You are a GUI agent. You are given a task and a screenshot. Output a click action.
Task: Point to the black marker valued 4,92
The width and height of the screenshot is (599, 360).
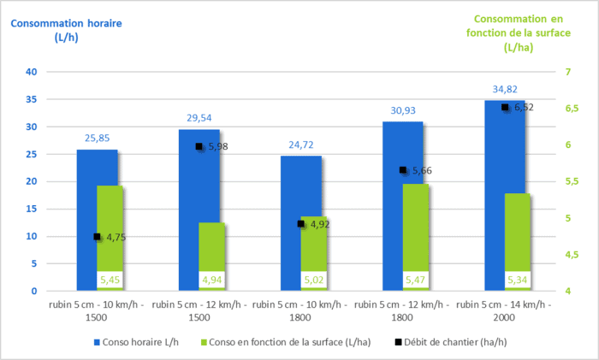(x=301, y=224)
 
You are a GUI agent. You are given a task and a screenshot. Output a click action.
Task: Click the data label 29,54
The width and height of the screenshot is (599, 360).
(x=199, y=117)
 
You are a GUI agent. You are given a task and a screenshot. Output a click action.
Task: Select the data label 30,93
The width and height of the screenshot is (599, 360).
(x=403, y=109)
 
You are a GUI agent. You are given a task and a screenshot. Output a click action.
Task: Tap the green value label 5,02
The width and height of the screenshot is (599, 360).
(x=315, y=280)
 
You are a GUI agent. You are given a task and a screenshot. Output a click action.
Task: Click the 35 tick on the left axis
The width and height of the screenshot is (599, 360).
(x=32, y=99)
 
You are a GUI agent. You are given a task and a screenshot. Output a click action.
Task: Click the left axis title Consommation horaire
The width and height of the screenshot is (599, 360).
(x=66, y=30)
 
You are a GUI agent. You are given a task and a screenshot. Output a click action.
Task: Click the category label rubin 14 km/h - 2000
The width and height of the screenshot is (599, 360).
(x=505, y=310)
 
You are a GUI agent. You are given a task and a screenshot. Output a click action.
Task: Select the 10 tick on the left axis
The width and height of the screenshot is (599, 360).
(x=32, y=236)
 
